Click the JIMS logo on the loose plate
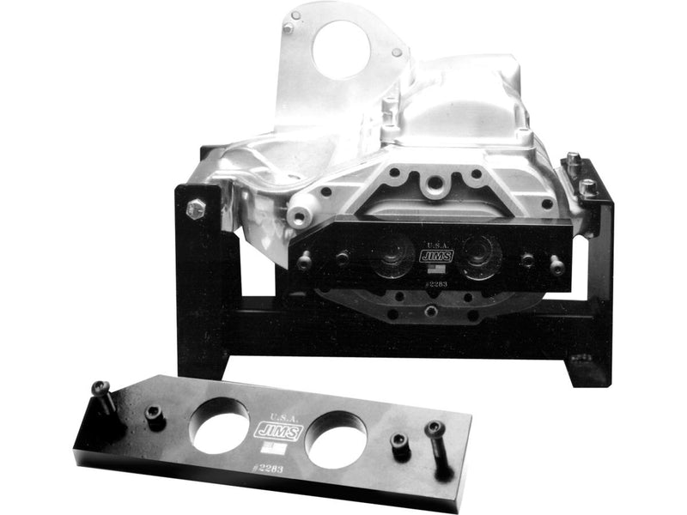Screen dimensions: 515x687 [277, 429]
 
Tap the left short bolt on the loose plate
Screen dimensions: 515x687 [155, 415]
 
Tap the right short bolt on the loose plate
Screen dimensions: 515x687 [399, 444]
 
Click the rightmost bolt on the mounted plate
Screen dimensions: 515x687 [556, 267]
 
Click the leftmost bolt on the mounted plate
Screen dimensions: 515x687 [304, 260]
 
